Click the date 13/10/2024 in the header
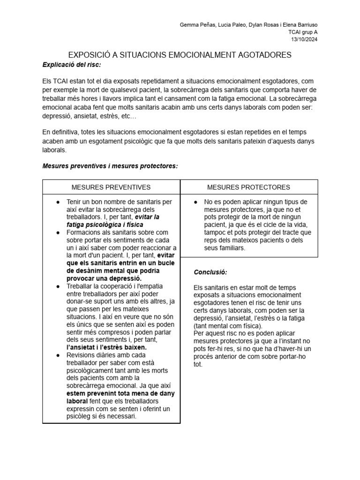coord(304,39)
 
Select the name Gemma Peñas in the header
coord(196,25)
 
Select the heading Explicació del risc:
coord(71,64)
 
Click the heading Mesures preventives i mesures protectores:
coord(110,166)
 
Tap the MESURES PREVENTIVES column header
coord(111,187)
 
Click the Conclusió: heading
coord(210,272)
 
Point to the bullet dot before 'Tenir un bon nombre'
coord(58,202)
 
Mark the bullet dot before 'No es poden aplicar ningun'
coord(195,202)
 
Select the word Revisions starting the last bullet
coord(82,355)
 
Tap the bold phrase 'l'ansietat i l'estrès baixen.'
coord(106,347)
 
